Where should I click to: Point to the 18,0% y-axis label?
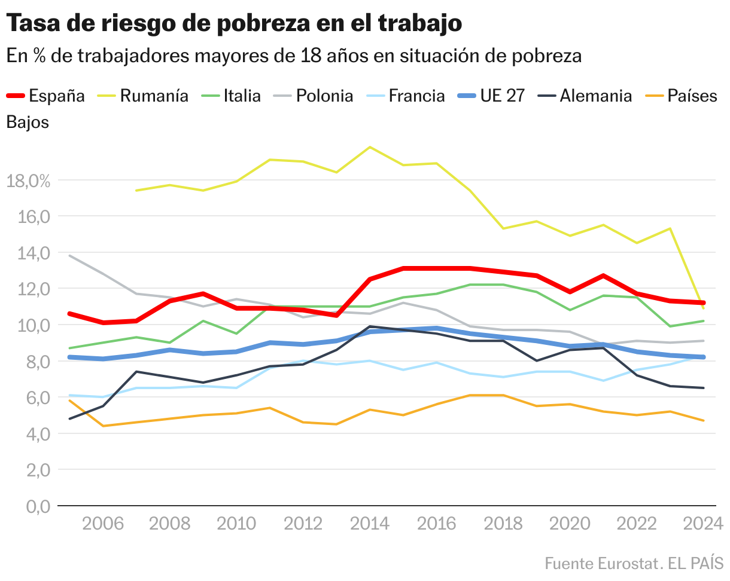(28, 181)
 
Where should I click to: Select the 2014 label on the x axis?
(370, 524)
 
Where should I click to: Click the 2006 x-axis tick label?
(103, 524)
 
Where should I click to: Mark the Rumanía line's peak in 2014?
(370, 147)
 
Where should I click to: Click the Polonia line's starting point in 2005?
(70, 256)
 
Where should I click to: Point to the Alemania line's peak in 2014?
(370, 326)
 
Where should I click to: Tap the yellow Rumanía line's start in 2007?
(136, 191)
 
